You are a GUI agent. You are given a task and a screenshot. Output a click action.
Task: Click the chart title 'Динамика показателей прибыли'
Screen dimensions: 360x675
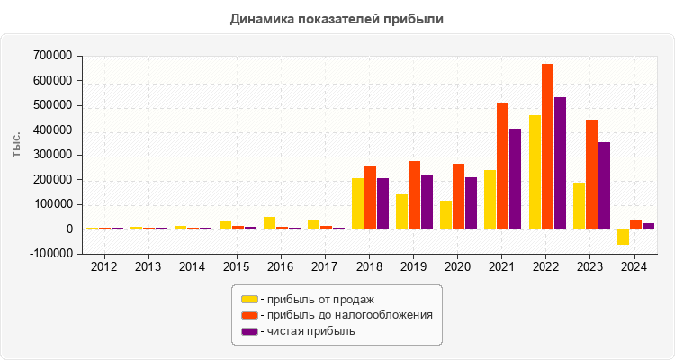click(x=337, y=18)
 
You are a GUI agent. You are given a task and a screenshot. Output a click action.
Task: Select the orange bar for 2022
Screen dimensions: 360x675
click(x=547, y=147)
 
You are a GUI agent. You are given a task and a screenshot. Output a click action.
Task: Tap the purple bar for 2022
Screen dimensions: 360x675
click(x=559, y=163)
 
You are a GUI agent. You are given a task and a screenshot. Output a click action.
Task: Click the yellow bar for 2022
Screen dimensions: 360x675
click(x=535, y=172)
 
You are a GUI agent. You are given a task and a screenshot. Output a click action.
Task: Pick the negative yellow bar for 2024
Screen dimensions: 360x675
click(x=624, y=237)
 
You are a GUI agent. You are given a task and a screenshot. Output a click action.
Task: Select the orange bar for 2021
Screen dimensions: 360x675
click(x=503, y=166)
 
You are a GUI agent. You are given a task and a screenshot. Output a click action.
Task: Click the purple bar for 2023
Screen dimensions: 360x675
click(x=603, y=185)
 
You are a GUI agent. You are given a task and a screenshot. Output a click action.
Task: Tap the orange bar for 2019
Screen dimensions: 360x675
click(x=415, y=195)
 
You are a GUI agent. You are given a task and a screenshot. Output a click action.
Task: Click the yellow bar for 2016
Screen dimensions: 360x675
click(x=270, y=223)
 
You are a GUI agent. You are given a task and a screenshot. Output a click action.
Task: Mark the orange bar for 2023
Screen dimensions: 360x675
click(x=591, y=175)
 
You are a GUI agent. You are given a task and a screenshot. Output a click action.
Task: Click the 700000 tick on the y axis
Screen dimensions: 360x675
click(x=50, y=56)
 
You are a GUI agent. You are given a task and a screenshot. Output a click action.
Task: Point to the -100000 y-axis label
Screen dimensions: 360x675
click(x=49, y=254)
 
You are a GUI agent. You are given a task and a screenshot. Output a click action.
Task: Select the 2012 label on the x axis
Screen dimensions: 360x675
click(x=103, y=267)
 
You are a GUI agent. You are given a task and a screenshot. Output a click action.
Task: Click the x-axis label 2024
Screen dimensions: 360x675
click(x=634, y=267)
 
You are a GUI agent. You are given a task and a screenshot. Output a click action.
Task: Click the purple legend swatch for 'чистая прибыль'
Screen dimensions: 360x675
click(x=249, y=331)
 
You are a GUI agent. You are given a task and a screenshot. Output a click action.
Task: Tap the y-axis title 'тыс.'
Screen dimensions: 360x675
click(x=17, y=145)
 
